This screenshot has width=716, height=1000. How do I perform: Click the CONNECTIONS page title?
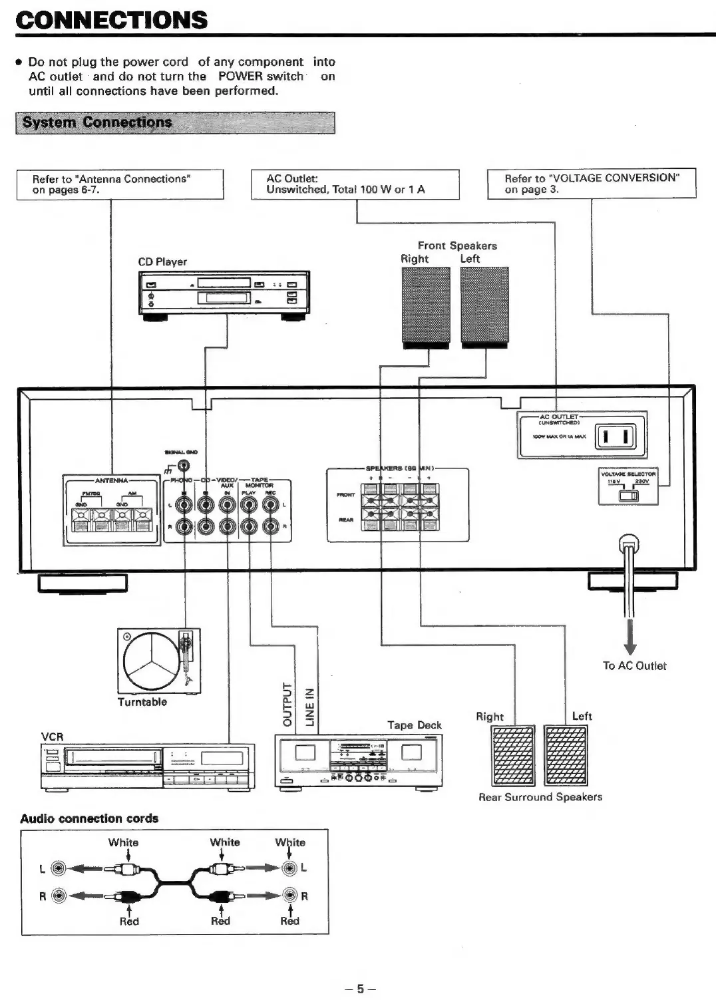tap(111, 20)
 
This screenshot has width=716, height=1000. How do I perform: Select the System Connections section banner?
tap(175, 122)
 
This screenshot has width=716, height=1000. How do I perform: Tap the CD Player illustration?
tap(224, 293)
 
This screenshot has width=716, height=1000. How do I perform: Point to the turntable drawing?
tap(158, 661)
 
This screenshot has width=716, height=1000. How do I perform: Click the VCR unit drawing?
tap(148, 766)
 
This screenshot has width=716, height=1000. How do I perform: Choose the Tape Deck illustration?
tap(359, 760)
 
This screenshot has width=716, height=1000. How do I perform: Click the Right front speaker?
tap(426, 307)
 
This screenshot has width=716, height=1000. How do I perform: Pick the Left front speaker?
tap(484, 307)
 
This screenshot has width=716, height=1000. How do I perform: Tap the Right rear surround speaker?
tap(512, 755)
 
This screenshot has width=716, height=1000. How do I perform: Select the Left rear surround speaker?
tap(566, 755)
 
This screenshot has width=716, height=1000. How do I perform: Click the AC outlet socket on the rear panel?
tap(615, 437)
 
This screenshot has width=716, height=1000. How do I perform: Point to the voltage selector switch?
tap(628, 495)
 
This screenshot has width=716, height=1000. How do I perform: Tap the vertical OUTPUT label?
tap(287, 704)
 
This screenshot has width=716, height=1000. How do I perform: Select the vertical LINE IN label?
tap(309, 707)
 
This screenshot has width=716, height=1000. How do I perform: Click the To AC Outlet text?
tap(634, 665)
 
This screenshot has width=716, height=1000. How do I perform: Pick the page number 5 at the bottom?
tap(360, 989)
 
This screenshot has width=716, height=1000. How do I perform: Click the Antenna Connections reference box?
tap(120, 184)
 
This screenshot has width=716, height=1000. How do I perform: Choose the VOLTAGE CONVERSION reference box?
tap(591, 184)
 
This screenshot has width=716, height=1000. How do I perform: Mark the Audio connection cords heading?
tap(89, 818)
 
